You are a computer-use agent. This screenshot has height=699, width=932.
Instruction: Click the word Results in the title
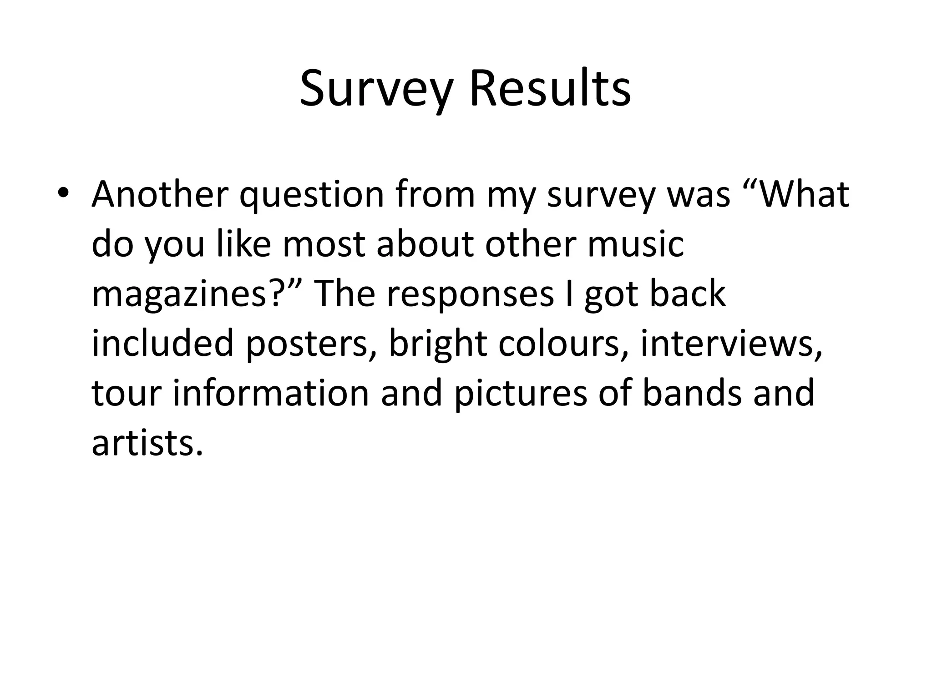550,90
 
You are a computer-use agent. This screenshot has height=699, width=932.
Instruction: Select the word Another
160,194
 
